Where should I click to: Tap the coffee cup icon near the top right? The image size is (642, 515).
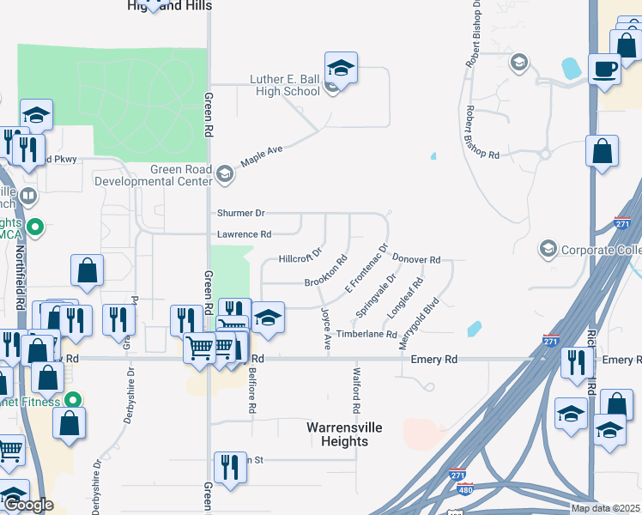[604, 69]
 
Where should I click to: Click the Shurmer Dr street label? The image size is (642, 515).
[240, 213]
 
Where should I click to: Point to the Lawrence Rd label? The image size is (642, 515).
[243, 234]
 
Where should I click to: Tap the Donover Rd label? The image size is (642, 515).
[416, 258]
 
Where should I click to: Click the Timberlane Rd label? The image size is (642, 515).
[366, 334]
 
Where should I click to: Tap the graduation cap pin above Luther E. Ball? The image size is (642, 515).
[341, 68]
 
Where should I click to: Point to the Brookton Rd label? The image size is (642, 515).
[326, 271]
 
